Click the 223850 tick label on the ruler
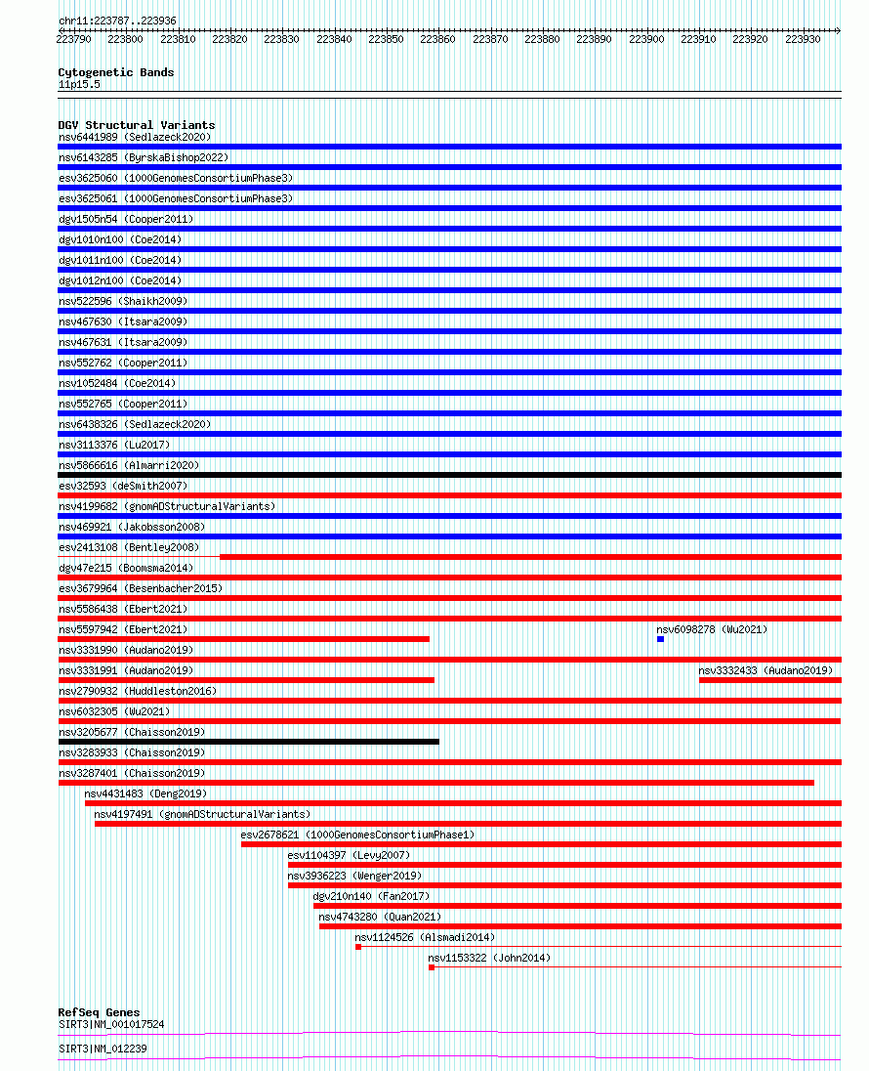(x=386, y=40)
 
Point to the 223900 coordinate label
(x=646, y=40)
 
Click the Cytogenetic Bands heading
(x=116, y=72)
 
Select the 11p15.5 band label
(x=79, y=85)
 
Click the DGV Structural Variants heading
(x=137, y=125)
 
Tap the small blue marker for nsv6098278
(x=660, y=639)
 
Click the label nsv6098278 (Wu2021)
(x=712, y=629)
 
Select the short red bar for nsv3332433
(x=770, y=680)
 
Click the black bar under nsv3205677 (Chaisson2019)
(x=248, y=742)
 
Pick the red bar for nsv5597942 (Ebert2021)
(x=244, y=639)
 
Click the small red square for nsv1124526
(x=358, y=947)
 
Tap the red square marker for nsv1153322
(x=432, y=967)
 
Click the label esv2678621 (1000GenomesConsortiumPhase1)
(x=357, y=835)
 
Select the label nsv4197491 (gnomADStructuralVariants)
(x=202, y=814)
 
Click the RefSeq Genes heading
(x=99, y=1012)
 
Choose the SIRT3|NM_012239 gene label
(x=103, y=1049)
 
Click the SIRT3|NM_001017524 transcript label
(x=111, y=1024)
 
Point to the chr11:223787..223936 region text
(x=117, y=21)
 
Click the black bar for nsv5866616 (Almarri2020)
(x=450, y=475)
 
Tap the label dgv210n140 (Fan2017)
(x=371, y=896)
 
